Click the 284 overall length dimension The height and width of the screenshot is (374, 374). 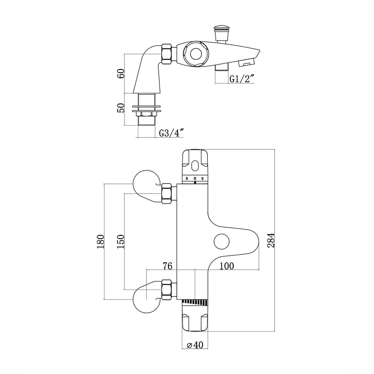[x=271, y=240]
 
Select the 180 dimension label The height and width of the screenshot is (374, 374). [x=100, y=242]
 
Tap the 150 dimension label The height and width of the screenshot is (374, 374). [x=121, y=242]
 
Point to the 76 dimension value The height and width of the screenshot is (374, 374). [x=167, y=266]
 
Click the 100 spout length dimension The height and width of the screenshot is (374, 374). [x=226, y=266]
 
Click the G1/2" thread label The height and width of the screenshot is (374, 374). [x=241, y=79]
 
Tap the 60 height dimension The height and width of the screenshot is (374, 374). [x=121, y=74]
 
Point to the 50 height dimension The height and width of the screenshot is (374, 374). [x=121, y=108]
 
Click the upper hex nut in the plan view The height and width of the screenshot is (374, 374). [x=166, y=193]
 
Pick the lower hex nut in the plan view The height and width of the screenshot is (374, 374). [x=166, y=290]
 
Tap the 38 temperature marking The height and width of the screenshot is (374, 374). [x=195, y=178]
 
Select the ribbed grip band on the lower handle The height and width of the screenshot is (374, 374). [x=195, y=302]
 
